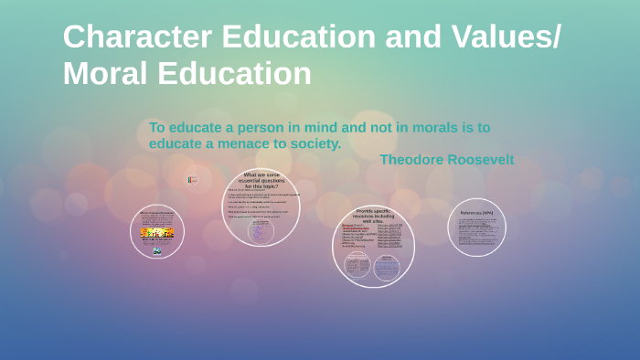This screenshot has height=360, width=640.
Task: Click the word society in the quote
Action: (315, 143)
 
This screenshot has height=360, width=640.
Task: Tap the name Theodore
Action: (411, 160)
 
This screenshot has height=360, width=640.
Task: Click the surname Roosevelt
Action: (480, 160)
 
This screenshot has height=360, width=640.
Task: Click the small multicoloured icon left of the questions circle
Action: (192, 180)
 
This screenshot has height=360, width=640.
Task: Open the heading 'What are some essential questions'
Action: (261, 178)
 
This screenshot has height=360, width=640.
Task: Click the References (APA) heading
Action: (476, 213)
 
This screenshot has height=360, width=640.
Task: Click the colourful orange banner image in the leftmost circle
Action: (157, 234)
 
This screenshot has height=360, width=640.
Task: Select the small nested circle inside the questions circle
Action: (260, 231)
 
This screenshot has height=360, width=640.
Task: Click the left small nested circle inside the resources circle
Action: (357, 266)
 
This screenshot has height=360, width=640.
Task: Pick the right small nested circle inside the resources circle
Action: (387, 266)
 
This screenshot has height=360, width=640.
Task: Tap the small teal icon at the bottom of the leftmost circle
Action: (157, 250)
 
